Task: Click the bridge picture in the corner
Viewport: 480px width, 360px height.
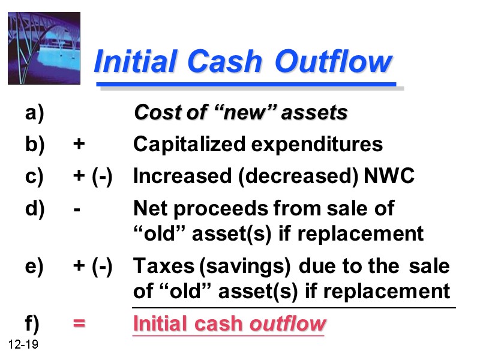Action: coord(44,48)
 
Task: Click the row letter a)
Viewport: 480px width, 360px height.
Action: coord(35,113)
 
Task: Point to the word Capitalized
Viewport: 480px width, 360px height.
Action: coord(190,145)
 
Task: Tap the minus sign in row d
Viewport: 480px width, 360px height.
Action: coord(77,209)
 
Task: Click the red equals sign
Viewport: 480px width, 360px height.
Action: coord(79,324)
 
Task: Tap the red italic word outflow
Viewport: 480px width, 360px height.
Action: coord(288,324)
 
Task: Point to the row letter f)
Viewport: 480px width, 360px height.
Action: coord(33,324)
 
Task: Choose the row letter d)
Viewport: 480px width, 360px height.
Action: coord(35,209)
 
